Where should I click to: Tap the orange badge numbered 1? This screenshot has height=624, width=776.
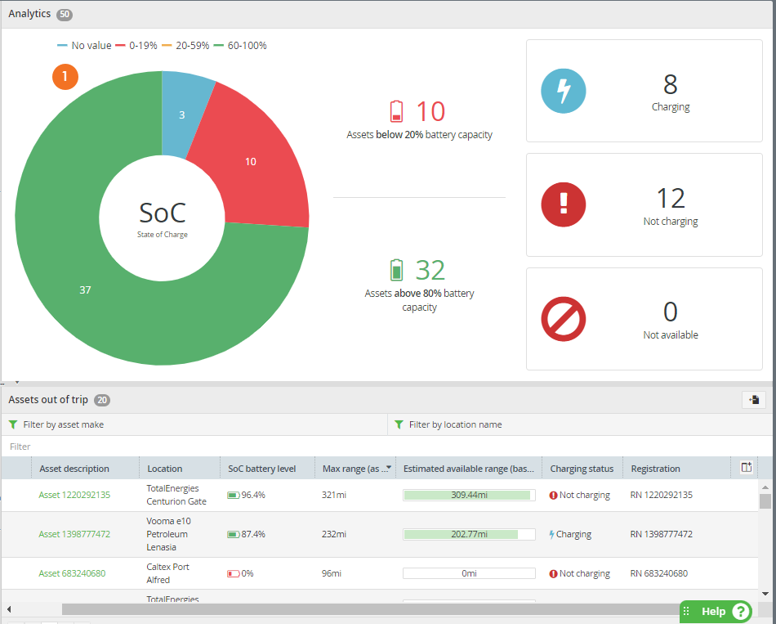65,77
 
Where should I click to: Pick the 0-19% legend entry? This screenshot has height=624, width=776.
136,46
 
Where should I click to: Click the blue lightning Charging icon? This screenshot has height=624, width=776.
563,92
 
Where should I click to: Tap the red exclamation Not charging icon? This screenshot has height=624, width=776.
563,204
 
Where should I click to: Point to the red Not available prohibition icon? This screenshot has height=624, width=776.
563,319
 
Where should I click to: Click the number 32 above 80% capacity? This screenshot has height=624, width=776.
430,270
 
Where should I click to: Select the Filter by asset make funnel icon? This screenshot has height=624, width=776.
13,424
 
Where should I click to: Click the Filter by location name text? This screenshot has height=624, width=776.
455,424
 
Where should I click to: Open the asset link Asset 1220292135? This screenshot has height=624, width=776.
74,495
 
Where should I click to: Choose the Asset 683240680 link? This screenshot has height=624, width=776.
72,573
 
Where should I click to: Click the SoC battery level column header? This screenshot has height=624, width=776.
262,469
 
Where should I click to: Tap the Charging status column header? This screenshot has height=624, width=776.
582,469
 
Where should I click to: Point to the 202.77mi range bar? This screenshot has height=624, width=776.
469,534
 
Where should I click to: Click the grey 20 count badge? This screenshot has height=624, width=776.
102,400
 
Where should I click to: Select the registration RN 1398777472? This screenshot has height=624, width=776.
661,534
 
